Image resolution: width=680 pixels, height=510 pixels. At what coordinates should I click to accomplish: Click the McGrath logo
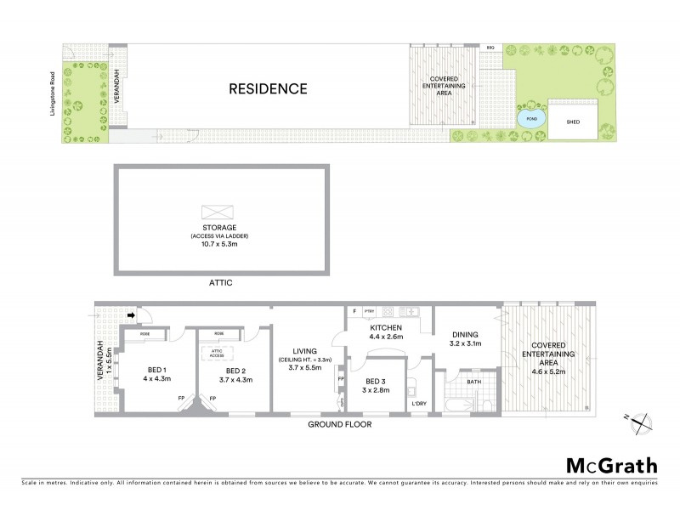[611, 465]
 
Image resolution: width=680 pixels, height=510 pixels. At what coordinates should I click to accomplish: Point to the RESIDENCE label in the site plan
[267, 88]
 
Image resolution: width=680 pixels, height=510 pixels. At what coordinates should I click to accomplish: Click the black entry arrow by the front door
[132, 316]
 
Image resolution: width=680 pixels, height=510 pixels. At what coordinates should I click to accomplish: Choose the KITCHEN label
[385, 328]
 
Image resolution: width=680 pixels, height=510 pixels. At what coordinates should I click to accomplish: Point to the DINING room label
[466, 334]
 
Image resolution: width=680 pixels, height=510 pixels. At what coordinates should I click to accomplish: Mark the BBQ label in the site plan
[490, 48]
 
